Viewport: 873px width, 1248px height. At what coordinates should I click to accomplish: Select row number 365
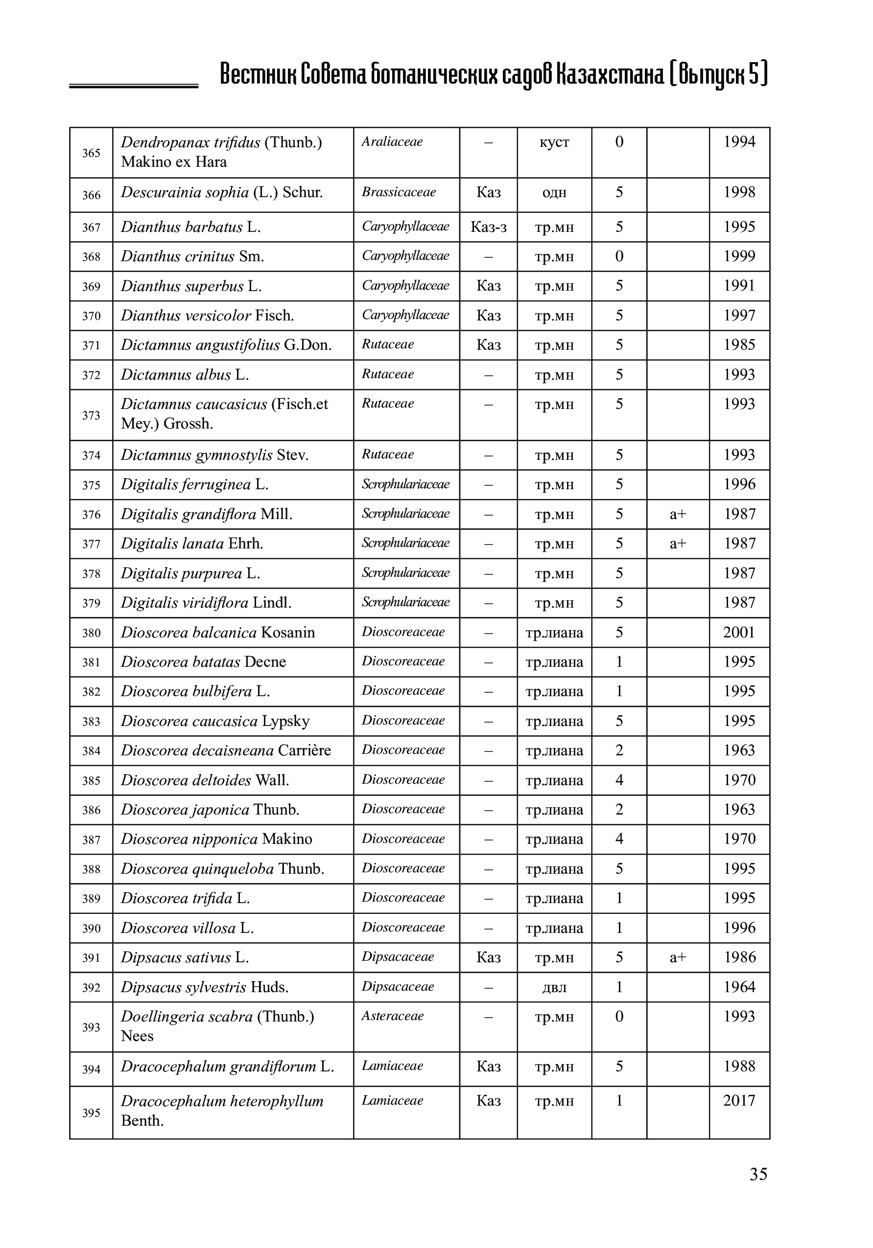(92, 153)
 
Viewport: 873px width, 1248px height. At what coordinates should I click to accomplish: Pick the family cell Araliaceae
(392, 142)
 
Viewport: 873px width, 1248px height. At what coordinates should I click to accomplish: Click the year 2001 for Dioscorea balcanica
(739, 632)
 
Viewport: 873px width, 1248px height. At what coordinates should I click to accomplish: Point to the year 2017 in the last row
(739, 1101)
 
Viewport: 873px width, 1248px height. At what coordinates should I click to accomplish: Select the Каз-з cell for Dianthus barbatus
(488, 227)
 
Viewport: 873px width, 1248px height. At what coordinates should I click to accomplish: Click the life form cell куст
(554, 142)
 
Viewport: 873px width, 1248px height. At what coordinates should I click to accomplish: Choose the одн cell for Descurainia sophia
(554, 193)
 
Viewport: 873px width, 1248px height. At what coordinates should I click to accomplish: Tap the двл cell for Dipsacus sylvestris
(554, 988)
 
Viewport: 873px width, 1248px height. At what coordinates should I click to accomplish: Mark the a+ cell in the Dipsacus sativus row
(678, 958)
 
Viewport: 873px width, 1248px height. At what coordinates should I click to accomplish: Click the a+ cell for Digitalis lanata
(678, 544)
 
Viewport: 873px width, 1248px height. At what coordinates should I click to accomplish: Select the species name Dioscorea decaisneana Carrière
(226, 750)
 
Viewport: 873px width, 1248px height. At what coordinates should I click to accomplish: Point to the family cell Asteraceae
(392, 1016)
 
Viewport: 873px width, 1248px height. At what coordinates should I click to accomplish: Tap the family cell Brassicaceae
(399, 192)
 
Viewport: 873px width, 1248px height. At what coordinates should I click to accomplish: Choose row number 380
(92, 633)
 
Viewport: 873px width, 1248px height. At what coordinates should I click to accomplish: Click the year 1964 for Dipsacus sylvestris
(739, 987)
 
